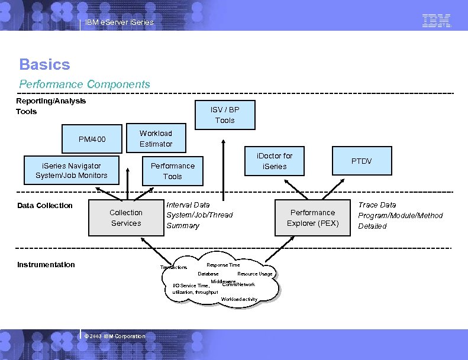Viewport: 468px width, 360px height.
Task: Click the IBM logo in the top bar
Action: point(437,21)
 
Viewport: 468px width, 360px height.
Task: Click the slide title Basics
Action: point(44,64)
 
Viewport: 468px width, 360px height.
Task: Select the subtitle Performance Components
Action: point(85,85)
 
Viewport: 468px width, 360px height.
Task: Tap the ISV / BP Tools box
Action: point(225,115)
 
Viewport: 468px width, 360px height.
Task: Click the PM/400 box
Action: point(92,140)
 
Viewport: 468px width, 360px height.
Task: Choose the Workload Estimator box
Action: point(156,138)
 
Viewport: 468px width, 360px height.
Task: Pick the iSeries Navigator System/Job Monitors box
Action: point(71,170)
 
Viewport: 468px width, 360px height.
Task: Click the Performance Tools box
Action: point(173,171)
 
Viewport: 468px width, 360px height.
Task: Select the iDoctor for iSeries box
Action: point(275,161)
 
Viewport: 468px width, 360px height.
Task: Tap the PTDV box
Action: point(362,161)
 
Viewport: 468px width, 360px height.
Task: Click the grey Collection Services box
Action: point(126,218)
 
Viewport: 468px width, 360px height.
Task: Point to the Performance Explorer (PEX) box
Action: point(312,218)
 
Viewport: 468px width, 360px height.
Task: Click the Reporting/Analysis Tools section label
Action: point(51,106)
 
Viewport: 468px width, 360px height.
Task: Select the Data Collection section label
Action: point(45,206)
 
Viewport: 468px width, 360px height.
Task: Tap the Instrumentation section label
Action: point(46,265)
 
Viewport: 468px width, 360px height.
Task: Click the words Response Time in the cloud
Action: point(223,265)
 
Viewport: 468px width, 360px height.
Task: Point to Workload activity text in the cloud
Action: point(239,299)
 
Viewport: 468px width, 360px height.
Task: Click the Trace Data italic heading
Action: point(377,205)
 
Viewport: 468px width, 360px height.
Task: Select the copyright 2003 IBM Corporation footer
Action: point(115,336)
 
